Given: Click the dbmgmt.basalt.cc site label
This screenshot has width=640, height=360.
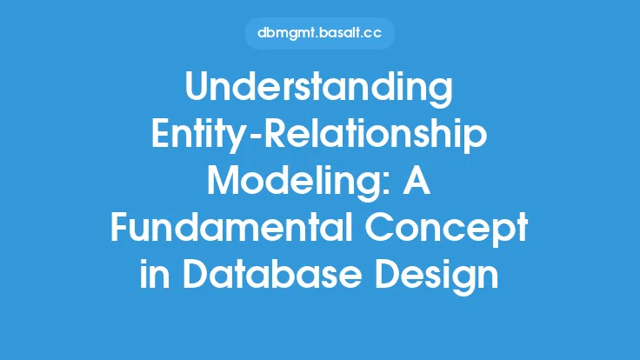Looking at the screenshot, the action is (x=320, y=33).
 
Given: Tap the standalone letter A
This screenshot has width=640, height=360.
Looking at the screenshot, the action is (x=417, y=180).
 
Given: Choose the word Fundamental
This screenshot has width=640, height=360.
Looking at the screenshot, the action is (x=231, y=227).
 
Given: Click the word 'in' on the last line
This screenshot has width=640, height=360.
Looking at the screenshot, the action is (x=155, y=274).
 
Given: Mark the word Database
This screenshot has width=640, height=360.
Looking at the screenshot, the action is (x=272, y=274).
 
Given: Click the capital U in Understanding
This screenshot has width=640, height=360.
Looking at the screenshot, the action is (x=197, y=87).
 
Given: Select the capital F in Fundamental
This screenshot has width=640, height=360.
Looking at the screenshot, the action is (x=120, y=227).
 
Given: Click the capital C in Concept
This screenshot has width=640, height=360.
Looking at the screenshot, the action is (x=379, y=227).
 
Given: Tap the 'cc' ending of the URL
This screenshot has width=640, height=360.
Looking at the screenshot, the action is (x=371, y=34).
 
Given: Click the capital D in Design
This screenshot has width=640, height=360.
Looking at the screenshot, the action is (x=388, y=274).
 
